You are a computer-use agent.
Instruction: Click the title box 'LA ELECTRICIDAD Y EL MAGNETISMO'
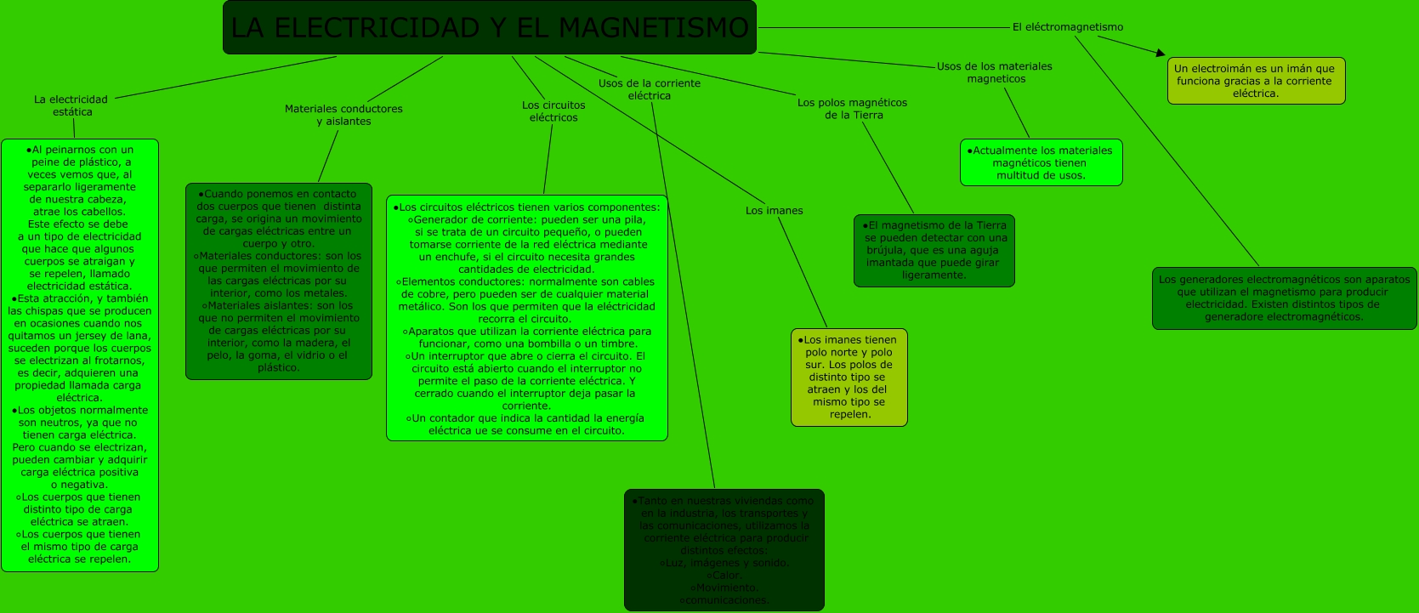(x=489, y=27)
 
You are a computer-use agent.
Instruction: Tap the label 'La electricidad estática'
(x=71, y=105)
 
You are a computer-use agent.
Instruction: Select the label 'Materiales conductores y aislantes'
(x=343, y=115)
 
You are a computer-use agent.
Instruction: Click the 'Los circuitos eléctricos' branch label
(x=553, y=111)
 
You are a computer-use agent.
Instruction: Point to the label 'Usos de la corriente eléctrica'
(x=650, y=89)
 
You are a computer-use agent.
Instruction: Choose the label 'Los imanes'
(x=774, y=211)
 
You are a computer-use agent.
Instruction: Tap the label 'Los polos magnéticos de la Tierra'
(x=852, y=109)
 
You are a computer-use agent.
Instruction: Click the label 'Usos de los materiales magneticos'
(x=995, y=72)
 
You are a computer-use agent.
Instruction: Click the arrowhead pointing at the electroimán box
(x=1160, y=54)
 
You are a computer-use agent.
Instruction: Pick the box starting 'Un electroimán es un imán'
(x=1256, y=81)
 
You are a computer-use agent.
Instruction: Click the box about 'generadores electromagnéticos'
(x=1284, y=298)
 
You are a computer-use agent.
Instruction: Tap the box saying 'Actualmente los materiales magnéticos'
(x=1041, y=162)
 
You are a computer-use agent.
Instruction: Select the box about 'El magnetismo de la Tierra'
(x=934, y=250)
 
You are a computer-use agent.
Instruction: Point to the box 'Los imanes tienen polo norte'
(x=849, y=377)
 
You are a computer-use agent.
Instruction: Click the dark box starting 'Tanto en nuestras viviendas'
(x=724, y=549)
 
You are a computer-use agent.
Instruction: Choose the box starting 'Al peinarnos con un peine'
(x=79, y=355)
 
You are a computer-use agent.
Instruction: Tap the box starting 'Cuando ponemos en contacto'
(x=278, y=281)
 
